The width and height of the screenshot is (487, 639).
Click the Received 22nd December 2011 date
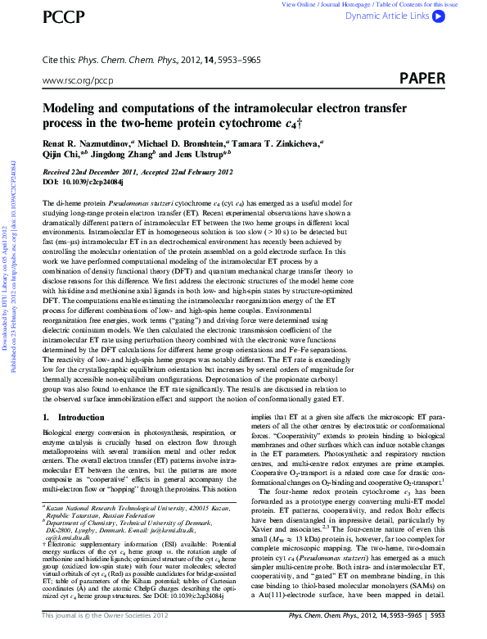(89, 171)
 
